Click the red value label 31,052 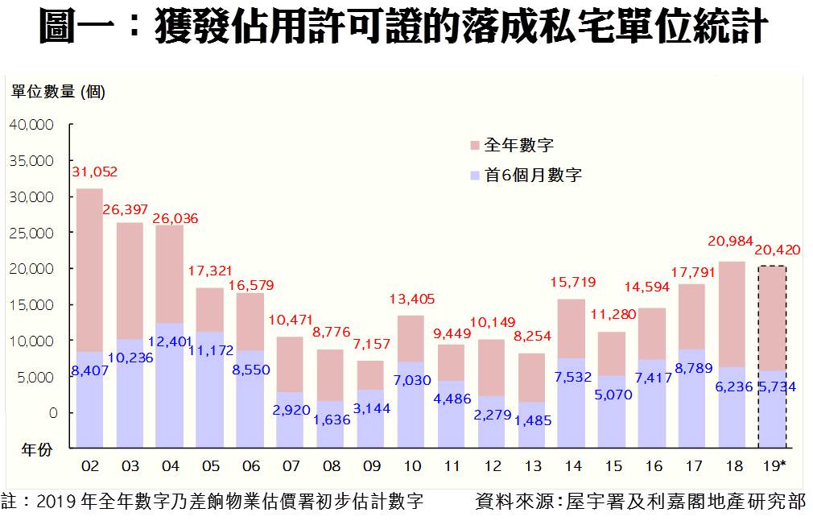[x=95, y=172]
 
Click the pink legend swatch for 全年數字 [x=474, y=146]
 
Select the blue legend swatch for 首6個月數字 [x=474, y=175]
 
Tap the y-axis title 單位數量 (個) [x=58, y=92]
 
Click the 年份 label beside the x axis [x=35, y=450]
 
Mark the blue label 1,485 [x=532, y=419]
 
